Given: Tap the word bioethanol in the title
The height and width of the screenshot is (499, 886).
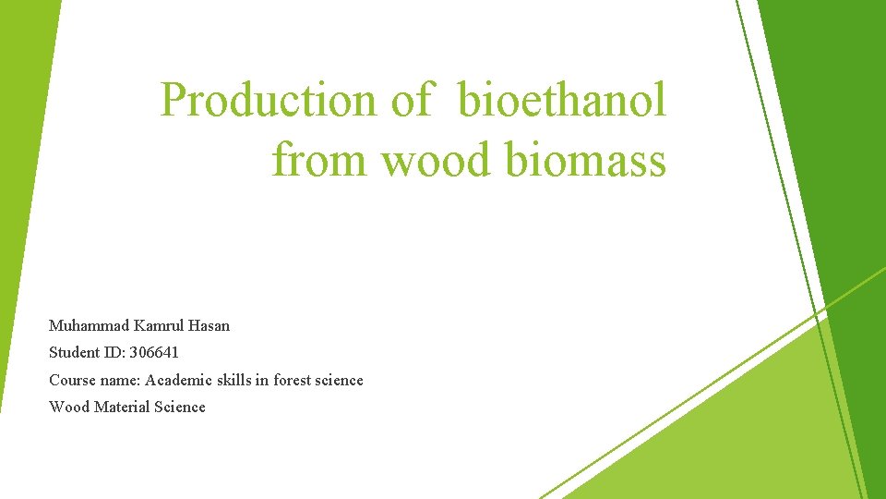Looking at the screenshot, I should [x=561, y=100].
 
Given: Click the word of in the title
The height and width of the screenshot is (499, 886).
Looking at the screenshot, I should [x=411, y=100].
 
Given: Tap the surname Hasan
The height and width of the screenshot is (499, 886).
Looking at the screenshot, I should [x=209, y=325].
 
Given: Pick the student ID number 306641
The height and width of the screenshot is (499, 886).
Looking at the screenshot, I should [x=155, y=352].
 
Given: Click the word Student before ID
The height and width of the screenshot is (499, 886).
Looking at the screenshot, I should [x=74, y=352].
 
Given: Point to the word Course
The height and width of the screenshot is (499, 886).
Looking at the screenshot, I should [x=72, y=380].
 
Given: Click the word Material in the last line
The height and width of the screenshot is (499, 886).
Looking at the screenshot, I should [x=123, y=407].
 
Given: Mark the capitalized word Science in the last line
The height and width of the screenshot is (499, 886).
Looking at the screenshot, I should [x=180, y=407].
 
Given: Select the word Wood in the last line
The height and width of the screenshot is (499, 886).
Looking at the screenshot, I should [x=69, y=407].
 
